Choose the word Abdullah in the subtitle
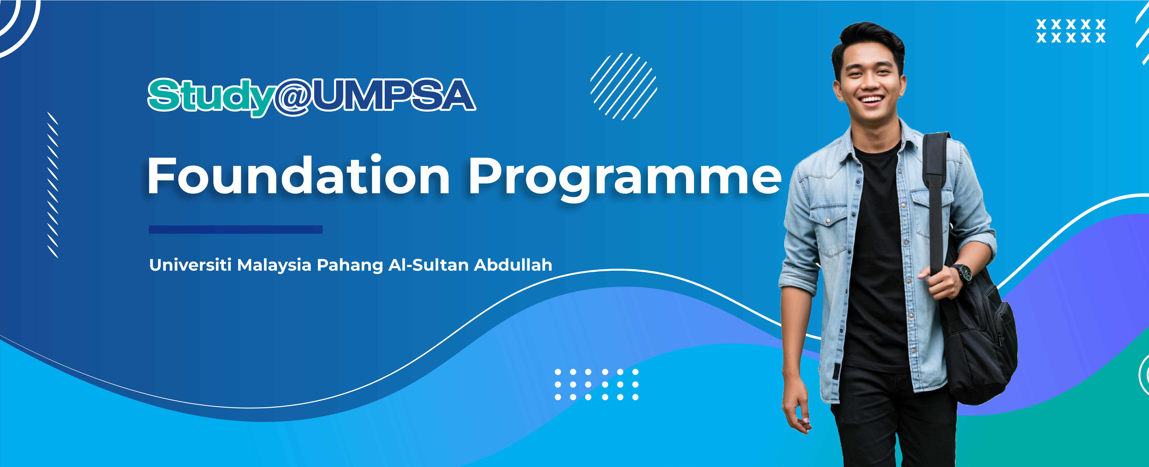[x=513, y=265]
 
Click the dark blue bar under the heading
[x=236, y=229]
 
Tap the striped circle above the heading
[x=624, y=87]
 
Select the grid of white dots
[x=596, y=384]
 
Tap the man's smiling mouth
[x=871, y=99]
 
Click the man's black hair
[x=868, y=42]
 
